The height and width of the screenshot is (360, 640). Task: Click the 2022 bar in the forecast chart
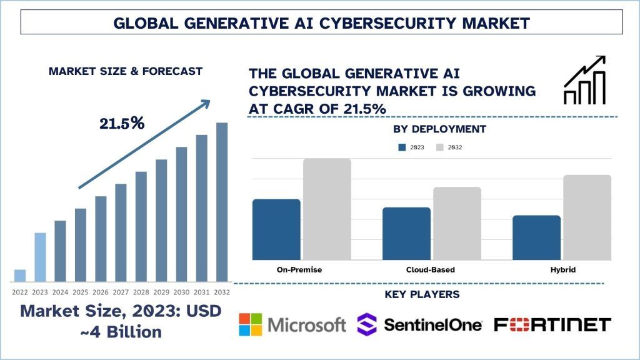point(20,276)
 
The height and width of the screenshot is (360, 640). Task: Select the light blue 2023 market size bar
point(40,257)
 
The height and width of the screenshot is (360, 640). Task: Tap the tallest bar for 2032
point(222,202)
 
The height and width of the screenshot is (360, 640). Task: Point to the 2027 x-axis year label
point(121,292)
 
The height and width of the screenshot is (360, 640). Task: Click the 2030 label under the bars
point(181,292)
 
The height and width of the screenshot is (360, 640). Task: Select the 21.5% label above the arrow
point(122,124)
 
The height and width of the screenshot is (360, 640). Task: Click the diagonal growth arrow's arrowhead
point(204,104)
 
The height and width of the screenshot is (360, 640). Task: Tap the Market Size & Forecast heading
point(126,71)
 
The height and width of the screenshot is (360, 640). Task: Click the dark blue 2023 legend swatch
point(402,147)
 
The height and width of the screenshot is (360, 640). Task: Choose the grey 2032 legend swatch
point(439,147)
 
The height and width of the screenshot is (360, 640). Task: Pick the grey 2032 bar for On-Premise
point(327,209)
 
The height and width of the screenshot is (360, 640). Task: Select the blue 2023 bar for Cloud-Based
point(406,233)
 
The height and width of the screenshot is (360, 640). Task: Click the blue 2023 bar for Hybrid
point(536,237)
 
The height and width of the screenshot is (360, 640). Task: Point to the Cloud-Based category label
point(426,270)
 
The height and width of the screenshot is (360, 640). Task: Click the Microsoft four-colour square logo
point(251,325)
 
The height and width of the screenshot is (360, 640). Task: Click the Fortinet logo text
point(552,325)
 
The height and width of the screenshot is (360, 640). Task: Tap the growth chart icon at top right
point(584,80)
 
